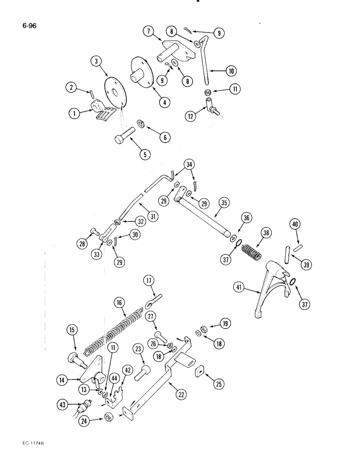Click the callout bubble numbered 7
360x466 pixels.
(147, 32)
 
